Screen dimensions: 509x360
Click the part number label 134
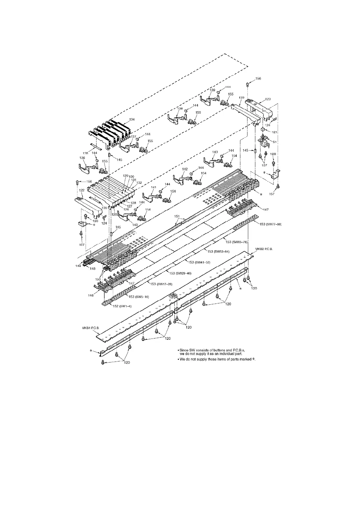pos(132,119)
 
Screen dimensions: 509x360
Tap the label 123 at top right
pos(268,99)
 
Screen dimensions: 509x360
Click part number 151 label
pos(177,216)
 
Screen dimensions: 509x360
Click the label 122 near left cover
pos(81,191)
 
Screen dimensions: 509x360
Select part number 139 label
pos(212,90)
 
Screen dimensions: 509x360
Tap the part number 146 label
pos(91,296)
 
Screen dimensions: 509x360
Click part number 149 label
pos(78,266)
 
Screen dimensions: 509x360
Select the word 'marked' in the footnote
pos(244,359)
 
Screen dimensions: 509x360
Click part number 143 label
pos(215,152)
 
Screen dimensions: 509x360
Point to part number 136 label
pos(82,158)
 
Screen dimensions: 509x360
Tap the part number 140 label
pos(135,225)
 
